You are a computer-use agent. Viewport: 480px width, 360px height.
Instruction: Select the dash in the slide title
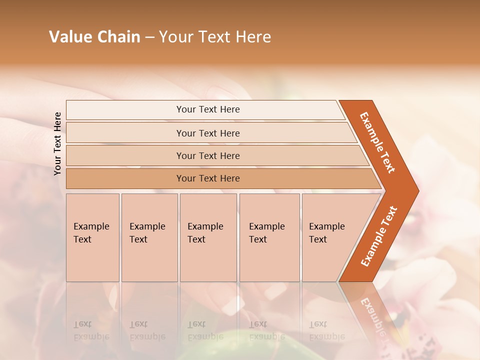coord(149,37)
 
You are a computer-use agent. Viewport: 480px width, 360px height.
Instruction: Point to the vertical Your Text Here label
coord(57,143)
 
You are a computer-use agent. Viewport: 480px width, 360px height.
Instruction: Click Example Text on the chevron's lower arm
coord(379,236)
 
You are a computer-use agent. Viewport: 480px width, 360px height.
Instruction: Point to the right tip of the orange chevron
coord(417,191)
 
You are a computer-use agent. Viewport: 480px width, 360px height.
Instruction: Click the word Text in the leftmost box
coord(82,239)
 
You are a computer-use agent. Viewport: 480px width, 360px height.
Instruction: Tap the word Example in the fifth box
coord(327,226)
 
